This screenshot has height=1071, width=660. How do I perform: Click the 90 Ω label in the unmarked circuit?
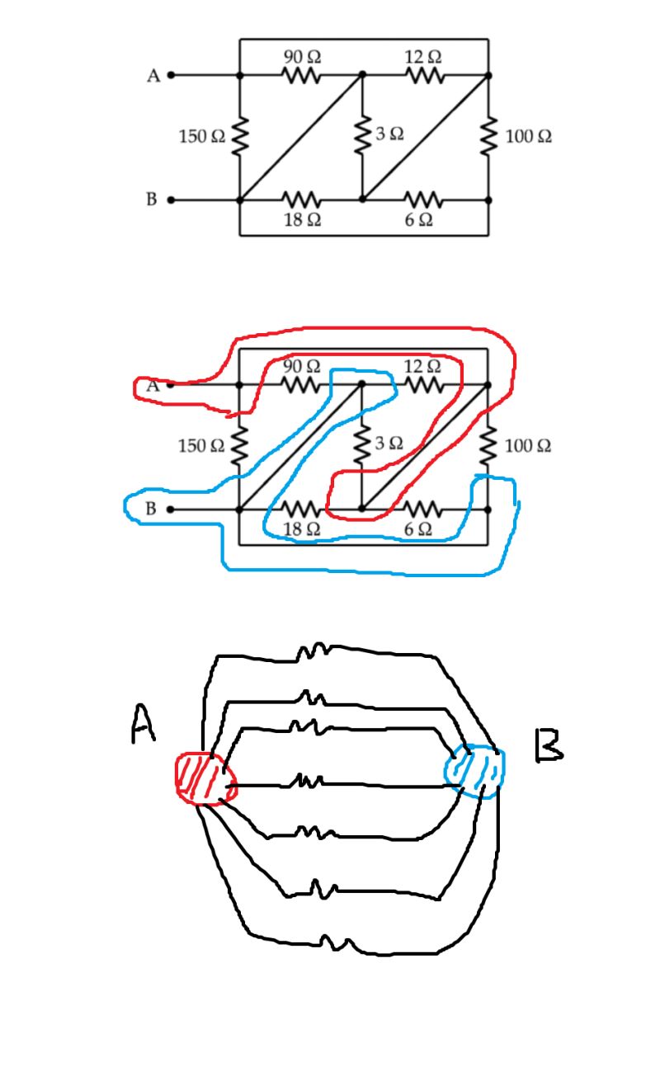click(x=302, y=57)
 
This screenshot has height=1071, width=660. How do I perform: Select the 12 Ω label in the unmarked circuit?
click(x=423, y=57)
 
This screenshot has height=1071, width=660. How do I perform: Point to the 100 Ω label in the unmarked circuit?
click(x=529, y=137)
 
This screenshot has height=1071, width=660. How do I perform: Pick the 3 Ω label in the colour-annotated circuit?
click(x=390, y=443)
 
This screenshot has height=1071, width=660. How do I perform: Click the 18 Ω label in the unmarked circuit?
click(x=302, y=220)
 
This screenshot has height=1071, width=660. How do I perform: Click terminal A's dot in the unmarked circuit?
click(x=171, y=75)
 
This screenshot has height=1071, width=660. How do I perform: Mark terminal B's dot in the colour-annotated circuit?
click(x=171, y=510)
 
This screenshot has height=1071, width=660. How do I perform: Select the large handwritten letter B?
click(x=548, y=746)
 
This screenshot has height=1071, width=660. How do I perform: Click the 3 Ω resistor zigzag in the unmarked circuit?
click(x=361, y=137)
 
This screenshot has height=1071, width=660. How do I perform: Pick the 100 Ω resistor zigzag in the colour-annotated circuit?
click(x=488, y=446)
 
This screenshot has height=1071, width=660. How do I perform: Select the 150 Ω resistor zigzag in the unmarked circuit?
click(x=239, y=137)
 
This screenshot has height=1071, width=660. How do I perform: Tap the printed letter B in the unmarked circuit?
click(x=151, y=200)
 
